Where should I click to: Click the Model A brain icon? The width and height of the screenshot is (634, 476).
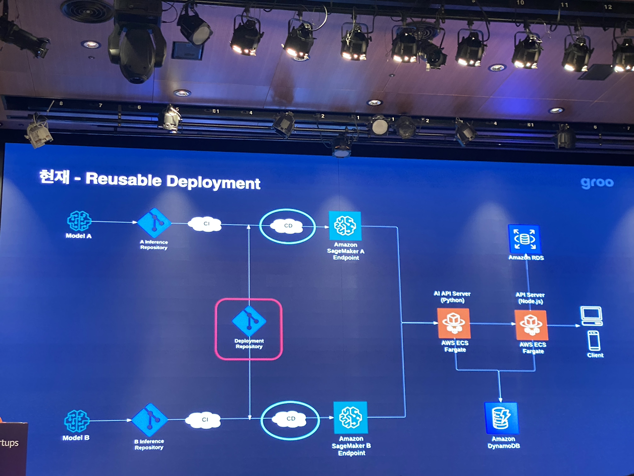pyautogui.click(x=79, y=221)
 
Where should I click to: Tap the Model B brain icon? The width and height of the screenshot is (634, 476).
pyautogui.click(x=77, y=421)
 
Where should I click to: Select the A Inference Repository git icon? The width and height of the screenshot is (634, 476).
pyautogui.click(x=154, y=223)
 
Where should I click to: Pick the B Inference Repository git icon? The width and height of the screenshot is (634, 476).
pyautogui.click(x=150, y=419)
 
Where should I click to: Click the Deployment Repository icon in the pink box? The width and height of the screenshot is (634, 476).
pyautogui.click(x=249, y=321)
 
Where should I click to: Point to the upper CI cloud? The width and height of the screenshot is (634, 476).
pyautogui.click(x=205, y=224)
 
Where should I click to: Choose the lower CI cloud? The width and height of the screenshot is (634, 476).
pyautogui.click(x=204, y=420)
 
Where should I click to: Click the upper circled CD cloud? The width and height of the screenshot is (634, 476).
pyautogui.click(x=288, y=226)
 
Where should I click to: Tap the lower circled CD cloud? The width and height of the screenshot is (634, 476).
pyautogui.click(x=290, y=419)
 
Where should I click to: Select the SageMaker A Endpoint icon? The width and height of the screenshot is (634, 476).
pyautogui.click(x=345, y=226)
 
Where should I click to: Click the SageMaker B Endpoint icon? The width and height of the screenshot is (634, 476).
pyautogui.click(x=351, y=417)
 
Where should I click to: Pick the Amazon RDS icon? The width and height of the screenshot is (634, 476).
pyautogui.click(x=525, y=239)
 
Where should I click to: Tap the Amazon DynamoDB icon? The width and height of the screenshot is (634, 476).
pyautogui.click(x=501, y=418)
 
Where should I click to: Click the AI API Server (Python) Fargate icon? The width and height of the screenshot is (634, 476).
pyautogui.click(x=454, y=323)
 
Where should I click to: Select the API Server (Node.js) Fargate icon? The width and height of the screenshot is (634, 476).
pyautogui.click(x=531, y=325)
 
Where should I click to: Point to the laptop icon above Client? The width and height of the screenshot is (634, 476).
pyautogui.click(x=591, y=316)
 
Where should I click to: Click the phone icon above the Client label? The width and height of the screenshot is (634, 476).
pyautogui.click(x=594, y=341)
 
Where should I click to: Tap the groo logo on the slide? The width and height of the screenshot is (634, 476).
pyautogui.click(x=597, y=183)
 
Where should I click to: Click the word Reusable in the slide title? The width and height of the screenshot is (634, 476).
pyautogui.click(x=123, y=179)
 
